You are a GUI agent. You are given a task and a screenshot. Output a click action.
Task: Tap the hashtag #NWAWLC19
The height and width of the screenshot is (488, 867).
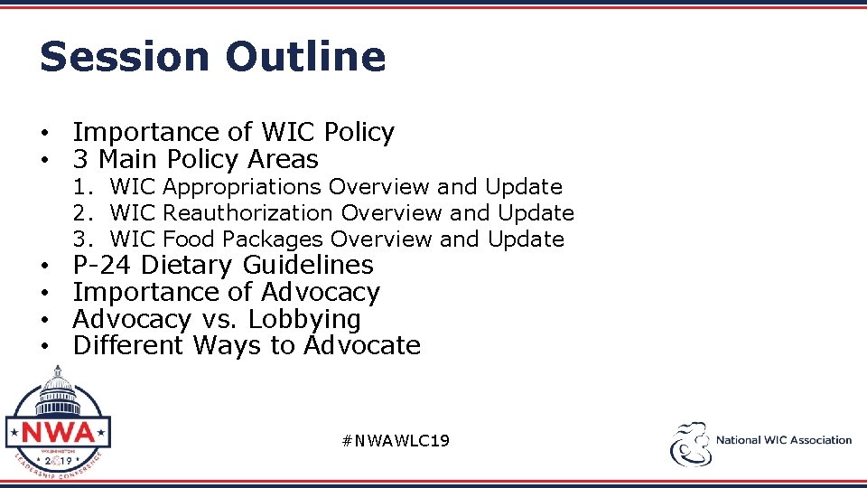pos(396,440)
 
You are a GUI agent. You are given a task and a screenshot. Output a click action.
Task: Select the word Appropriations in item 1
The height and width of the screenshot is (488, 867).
pos(243,187)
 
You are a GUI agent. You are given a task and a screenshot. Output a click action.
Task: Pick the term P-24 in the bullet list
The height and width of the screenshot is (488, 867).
pos(103,266)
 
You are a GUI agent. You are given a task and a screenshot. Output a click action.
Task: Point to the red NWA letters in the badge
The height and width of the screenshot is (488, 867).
pos(58,431)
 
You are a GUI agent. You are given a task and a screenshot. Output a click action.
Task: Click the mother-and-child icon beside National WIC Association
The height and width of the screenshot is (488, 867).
pos(690,444)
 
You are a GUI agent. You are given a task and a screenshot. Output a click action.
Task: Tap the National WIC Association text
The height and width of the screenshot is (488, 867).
pos(783,440)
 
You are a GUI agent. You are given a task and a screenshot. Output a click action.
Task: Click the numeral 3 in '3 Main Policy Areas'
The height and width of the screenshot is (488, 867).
pos(80,160)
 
